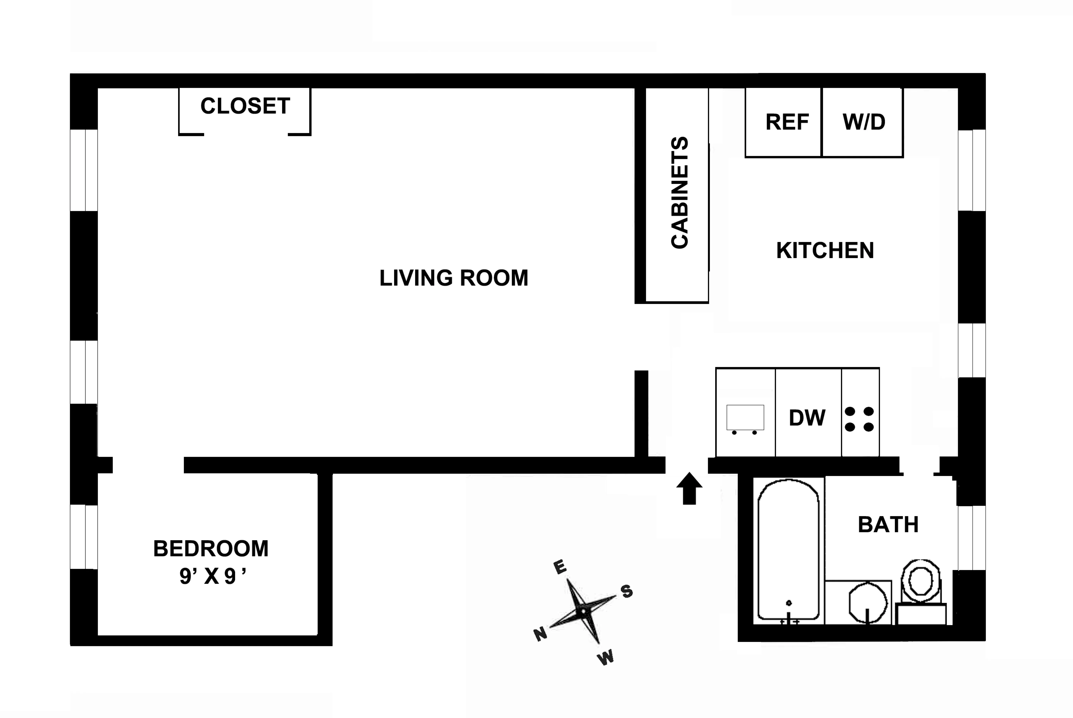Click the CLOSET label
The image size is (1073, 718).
pyautogui.click(x=245, y=106)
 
